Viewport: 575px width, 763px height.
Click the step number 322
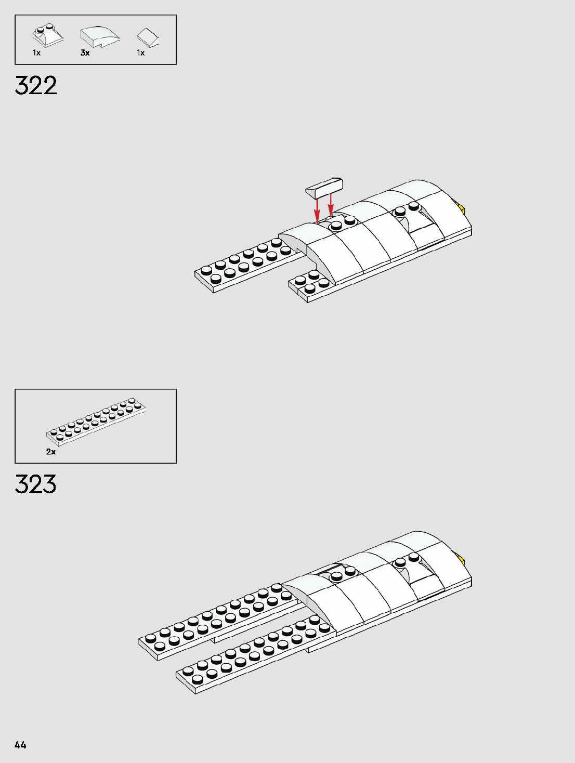[36, 86]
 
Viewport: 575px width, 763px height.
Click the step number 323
[35, 484]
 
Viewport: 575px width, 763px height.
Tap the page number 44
[20, 745]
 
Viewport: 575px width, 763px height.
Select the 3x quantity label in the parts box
[85, 53]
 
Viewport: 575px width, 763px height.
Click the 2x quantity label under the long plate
[50, 452]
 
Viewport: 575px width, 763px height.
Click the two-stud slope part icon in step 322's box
[47, 35]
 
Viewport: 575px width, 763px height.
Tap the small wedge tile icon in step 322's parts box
[148, 37]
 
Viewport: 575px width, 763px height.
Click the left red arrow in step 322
[317, 211]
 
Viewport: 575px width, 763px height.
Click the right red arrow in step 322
[330, 205]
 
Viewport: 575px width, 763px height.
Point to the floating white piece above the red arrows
[324, 188]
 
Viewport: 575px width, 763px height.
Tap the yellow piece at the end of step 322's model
[461, 209]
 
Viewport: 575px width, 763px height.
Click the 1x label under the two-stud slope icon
[36, 53]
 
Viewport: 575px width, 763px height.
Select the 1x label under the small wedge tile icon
[141, 53]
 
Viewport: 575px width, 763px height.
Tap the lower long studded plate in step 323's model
[250, 657]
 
